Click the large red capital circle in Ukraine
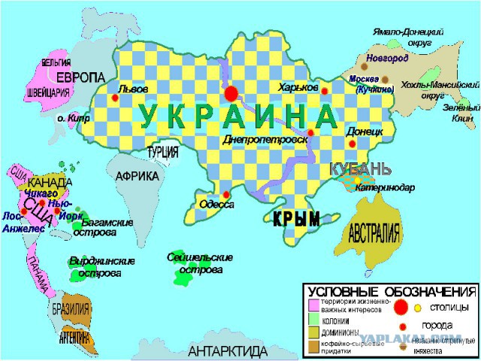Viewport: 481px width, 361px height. [x=231, y=93]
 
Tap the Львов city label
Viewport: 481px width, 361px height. [x=133, y=87]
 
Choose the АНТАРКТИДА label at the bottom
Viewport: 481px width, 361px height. [x=228, y=351]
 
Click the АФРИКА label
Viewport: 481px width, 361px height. [x=137, y=176]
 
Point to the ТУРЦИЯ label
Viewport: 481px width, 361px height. [x=162, y=152]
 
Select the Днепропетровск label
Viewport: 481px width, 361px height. [x=265, y=139]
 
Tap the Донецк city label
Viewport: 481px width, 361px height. [x=365, y=131]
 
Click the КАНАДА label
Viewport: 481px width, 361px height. [x=50, y=183]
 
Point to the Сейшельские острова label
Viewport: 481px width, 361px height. [x=199, y=262]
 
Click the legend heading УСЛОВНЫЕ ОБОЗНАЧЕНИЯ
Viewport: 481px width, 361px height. [x=390, y=291]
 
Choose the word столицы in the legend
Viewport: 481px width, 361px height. [x=449, y=307]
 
